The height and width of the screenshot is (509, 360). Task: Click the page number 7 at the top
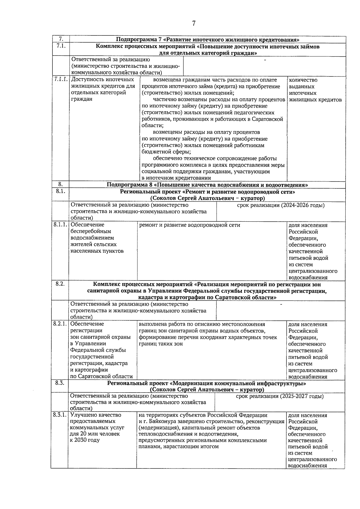[193, 23]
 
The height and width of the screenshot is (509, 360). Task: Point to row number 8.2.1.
[60, 324]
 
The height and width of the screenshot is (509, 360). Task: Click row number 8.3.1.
[59, 415]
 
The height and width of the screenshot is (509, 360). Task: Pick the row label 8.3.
[60, 383]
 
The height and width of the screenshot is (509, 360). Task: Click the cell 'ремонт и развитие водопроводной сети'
[190, 225]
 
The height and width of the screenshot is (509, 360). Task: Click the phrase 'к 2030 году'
[85, 440]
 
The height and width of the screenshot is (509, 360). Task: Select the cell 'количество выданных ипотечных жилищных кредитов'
[315, 90]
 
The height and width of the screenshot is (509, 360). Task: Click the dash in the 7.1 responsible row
[265, 61]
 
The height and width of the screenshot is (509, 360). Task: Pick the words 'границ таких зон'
[160, 344]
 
